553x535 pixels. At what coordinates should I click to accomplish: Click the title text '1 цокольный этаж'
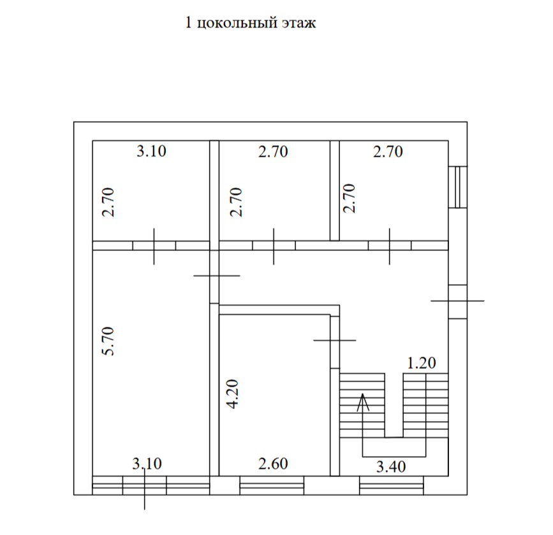[x=250, y=24]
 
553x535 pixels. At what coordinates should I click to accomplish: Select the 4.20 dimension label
[x=233, y=394]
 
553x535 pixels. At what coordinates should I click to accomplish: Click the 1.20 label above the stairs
[x=421, y=364]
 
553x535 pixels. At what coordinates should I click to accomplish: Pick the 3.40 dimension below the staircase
[x=390, y=467]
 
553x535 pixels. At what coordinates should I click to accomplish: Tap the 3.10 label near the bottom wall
[x=147, y=463]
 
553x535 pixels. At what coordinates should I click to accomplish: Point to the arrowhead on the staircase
[x=363, y=401]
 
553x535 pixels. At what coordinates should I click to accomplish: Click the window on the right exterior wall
[x=457, y=187]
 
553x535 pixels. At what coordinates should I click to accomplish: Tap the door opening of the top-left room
[x=154, y=245]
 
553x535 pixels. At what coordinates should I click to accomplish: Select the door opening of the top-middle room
[x=274, y=245]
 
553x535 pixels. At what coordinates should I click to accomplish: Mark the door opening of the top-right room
[x=390, y=245]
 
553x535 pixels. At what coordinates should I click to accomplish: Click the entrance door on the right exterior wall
[x=457, y=301]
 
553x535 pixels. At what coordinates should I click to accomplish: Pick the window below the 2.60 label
[x=272, y=485]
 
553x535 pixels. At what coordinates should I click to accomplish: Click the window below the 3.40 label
[x=392, y=485]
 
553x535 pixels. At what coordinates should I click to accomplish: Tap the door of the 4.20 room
[x=334, y=341]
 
